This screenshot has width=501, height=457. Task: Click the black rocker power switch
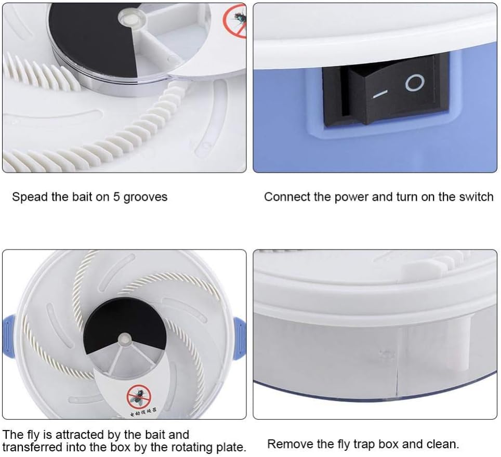(386, 91)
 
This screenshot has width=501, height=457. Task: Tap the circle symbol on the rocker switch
(415, 83)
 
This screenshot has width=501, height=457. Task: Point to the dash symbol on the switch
(380, 94)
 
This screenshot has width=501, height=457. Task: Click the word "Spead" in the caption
(30, 197)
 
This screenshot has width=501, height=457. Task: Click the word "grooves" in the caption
(146, 198)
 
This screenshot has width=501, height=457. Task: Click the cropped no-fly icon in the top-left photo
(235, 21)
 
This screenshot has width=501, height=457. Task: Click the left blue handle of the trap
(10, 335)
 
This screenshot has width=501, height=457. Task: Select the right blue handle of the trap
(240, 339)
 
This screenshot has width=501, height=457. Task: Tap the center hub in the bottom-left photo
(124, 339)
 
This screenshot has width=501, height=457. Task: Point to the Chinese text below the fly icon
(143, 412)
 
